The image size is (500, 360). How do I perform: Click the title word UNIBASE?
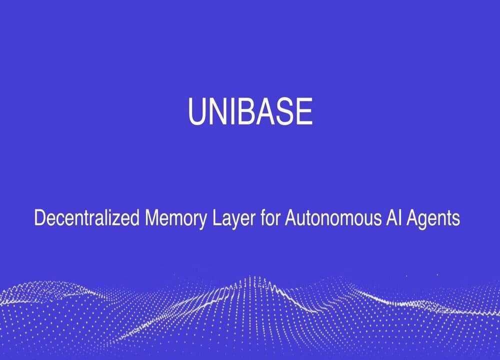tap(250, 111)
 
